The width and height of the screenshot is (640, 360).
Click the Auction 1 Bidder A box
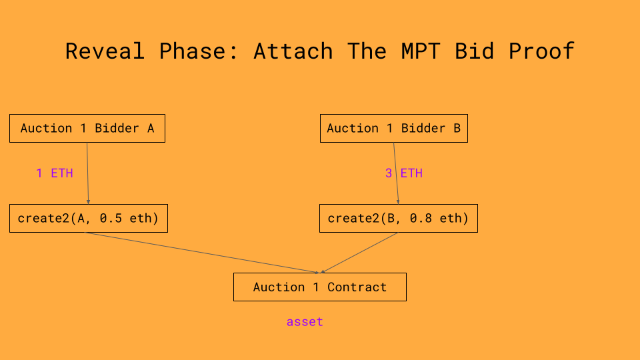coord(87,129)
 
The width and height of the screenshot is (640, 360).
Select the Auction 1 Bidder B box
coord(393,129)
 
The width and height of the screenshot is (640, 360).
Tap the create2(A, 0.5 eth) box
coord(88,219)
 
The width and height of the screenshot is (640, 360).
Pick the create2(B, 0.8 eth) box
coord(398,219)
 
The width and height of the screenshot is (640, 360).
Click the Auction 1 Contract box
coord(319,287)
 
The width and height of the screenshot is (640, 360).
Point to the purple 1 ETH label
coord(55,173)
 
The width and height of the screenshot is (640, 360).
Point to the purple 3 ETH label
coord(404,173)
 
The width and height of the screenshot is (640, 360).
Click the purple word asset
coord(305,322)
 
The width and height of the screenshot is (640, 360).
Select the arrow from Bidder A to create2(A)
coord(87,173)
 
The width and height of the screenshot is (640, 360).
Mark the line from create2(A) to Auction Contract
coord(200,252)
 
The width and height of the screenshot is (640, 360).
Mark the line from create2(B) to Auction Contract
coord(360,252)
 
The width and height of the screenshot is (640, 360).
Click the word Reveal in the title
coord(105,51)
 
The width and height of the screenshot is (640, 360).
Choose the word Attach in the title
coord(293,51)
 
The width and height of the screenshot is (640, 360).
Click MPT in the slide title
coord(421,51)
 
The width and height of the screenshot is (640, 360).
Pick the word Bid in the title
coord(475,51)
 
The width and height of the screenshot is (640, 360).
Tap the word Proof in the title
coord(541,51)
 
